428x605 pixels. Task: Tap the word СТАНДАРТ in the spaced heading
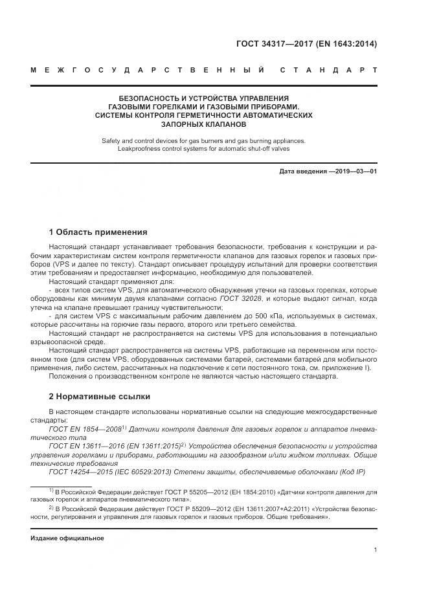point(330,69)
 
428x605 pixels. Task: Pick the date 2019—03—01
point(354,171)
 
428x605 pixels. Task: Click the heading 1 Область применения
point(98,232)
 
